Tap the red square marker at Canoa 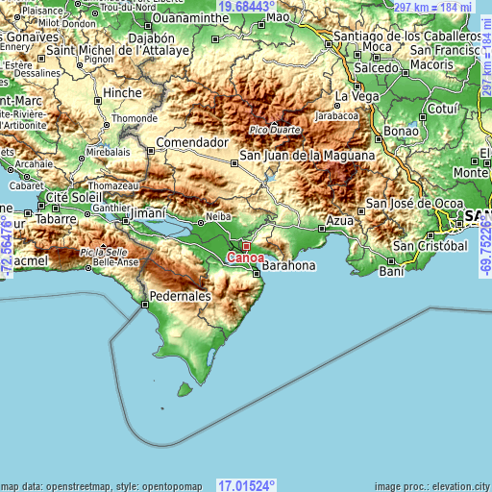click(x=245, y=246)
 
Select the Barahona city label click(x=287, y=264)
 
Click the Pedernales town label click(x=179, y=297)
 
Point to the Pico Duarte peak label click(x=274, y=130)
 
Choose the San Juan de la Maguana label click(x=307, y=155)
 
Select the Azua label click(x=340, y=220)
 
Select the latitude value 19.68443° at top click(x=246, y=7)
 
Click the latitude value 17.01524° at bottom click(x=246, y=485)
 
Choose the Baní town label click(x=391, y=272)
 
